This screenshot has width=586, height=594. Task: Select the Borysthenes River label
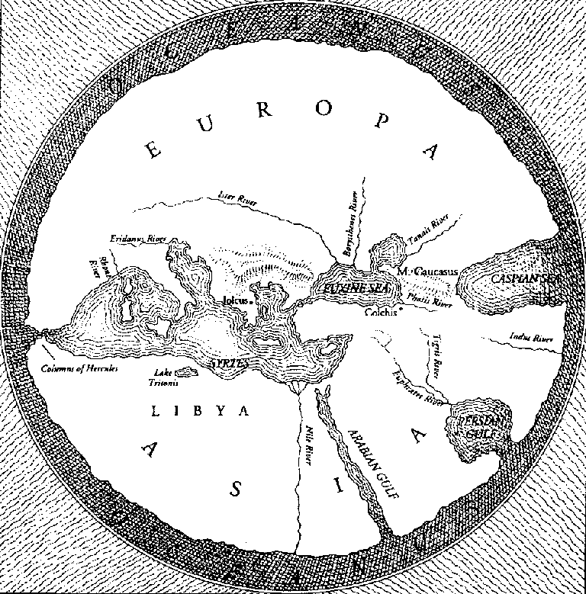[353, 217]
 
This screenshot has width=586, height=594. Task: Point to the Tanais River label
[429, 231]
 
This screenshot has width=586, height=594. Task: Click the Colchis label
[382, 312]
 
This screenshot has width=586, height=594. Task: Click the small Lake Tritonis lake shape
[185, 372]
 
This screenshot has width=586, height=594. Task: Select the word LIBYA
[201, 412]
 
